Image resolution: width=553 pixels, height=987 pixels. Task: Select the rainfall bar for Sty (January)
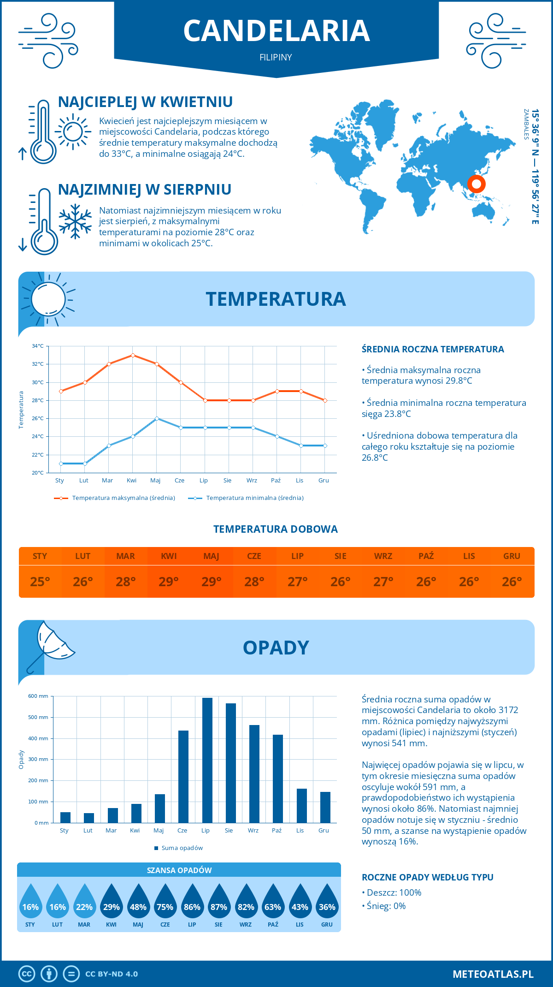(x=65, y=817)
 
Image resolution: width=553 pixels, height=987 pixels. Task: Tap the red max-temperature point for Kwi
(x=133, y=355)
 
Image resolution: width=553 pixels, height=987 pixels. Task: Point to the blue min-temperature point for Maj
(x=157, y=418)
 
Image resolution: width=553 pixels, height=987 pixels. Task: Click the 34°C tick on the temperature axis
(x=38, y=346)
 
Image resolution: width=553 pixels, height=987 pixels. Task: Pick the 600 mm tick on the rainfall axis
(x=38, y=696)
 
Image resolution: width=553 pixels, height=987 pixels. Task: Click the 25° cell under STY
(x=40, y=582)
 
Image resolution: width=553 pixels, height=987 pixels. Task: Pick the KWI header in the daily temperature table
(x=169, y=556)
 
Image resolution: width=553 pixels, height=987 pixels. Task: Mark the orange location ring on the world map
(x=477, y=184)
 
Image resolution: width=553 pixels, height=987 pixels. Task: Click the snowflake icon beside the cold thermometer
(x=75, y=222)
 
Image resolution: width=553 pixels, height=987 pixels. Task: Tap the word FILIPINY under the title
(x=276, y=57)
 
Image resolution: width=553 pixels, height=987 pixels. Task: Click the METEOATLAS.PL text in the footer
(x=493, y=974)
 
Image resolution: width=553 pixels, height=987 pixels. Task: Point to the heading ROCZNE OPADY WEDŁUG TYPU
(x=427, y=877)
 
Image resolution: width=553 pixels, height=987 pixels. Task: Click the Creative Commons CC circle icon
(x=27, y=974)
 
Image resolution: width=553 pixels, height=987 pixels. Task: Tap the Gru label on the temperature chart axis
(x=324, y=481)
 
